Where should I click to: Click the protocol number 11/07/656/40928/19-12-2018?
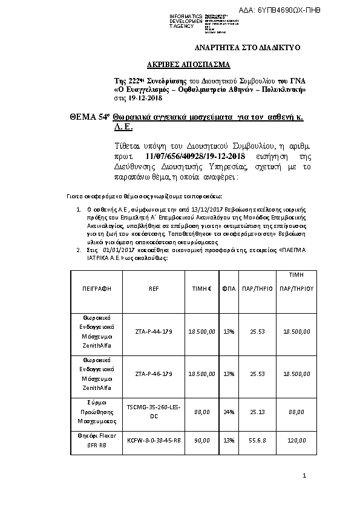click(198, 155)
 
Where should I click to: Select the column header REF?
click(153, 289)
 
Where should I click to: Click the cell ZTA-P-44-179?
click(153, 331)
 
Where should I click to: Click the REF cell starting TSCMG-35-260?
click(153, 412)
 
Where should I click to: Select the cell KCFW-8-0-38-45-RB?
click(153, 441)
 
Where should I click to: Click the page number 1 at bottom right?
click(305, 478)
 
